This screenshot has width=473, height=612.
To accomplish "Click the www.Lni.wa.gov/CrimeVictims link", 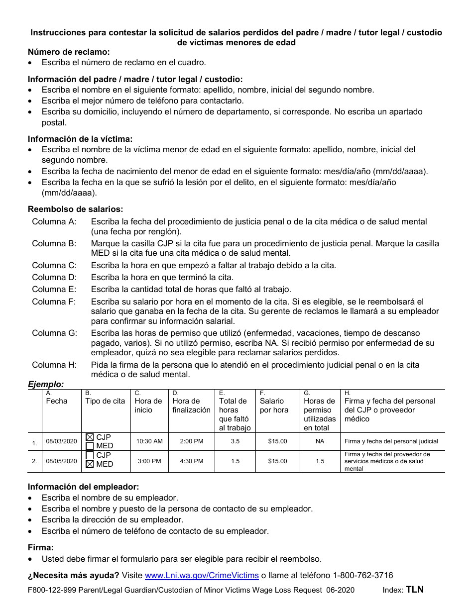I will tap(201, 575).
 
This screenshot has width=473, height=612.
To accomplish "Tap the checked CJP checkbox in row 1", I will tap(90, 437).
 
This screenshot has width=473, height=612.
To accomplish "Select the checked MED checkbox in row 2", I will tap(90, 464).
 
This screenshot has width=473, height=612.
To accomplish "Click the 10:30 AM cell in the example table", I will tap(149, 441).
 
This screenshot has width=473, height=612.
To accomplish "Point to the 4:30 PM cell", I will tap(191, 461).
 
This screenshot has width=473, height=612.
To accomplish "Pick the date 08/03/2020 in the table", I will tap(61, 441).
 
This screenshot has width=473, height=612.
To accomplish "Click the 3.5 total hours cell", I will tap(235, 441).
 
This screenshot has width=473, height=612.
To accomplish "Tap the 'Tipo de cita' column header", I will tap(105, 401).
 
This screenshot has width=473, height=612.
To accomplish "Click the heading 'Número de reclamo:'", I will tap(69, 52).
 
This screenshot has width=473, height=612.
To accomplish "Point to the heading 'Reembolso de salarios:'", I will tap(75, 209).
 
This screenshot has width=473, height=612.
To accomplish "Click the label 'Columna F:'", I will tap(54, 302).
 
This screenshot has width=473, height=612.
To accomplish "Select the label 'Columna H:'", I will tap(54, 365).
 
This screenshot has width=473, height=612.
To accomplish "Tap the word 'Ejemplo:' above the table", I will tap(46, 384).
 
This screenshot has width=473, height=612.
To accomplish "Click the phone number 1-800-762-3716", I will tap(356, 575).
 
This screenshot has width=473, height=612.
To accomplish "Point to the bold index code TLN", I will tap(415, 590).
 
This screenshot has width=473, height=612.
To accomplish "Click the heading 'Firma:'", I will tap(40, 547).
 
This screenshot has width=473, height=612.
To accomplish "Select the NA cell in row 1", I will tap(320, 441).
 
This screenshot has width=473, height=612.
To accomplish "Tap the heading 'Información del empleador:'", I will tap(83, 487).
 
